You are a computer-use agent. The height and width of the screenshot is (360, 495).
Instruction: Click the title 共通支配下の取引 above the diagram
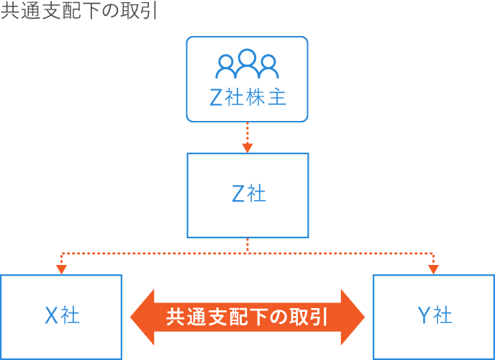click(x=79, y=12)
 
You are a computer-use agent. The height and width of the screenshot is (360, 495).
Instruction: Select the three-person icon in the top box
click(x=247, y=64)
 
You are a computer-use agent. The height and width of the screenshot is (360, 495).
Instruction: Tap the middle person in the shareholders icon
click(x=247, y=62)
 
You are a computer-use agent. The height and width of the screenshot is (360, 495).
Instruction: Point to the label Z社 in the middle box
click(x=248, y=194)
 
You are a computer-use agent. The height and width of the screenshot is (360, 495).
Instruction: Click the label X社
click(x=62, y=315)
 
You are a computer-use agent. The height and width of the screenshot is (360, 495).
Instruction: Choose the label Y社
click(x=434, y=315)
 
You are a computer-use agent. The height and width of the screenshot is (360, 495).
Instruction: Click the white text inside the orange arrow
click(x=247, y=317)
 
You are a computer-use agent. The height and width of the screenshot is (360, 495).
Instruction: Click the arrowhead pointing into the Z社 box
click(x=247, y=148)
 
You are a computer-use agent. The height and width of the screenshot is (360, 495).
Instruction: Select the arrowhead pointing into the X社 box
click(x=62, y=269)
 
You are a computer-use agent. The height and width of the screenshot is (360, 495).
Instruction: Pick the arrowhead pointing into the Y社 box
click(x=434, y=269)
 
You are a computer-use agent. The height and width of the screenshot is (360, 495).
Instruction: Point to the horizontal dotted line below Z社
click(x=247, y=253)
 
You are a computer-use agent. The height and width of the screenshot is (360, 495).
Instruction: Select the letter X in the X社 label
click(x=51, y=315)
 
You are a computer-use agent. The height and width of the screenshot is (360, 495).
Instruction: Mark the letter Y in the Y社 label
click(x=423, y=315)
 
